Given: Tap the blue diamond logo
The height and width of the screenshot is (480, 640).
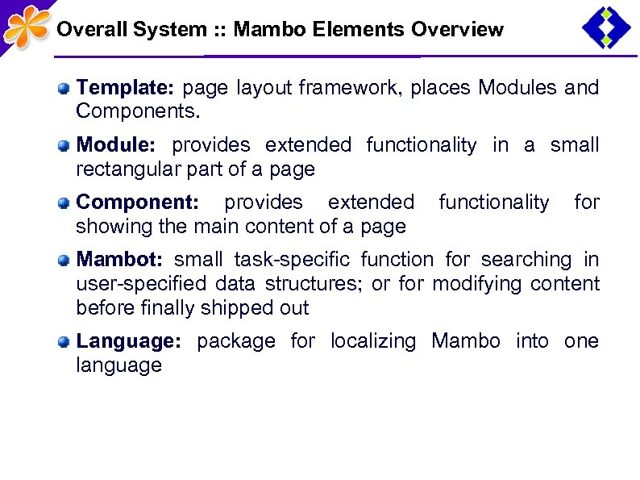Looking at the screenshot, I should pyautogui.click(x=606, y=27).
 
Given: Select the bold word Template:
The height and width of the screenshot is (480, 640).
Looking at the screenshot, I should pyautogui.click(x=127, y=87).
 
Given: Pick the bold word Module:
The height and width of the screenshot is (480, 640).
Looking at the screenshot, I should pyautogui.click(x=115, y=145).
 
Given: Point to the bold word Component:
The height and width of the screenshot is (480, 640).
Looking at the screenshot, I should pyautogui.click(x=135, y=202).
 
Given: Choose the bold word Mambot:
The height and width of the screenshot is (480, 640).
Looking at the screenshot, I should pyautogui.click(x=119, y=260).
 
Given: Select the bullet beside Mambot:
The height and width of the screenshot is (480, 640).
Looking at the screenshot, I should pyautogui.click(x=63, y=261).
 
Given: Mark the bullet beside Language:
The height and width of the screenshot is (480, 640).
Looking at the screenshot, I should pyautogui.click(x=63, y=342).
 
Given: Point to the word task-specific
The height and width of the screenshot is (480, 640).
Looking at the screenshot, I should pyautogui.click(x=292, y=260).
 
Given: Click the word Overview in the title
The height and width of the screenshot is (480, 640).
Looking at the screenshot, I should pyautogui.click(x=457, y=31).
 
